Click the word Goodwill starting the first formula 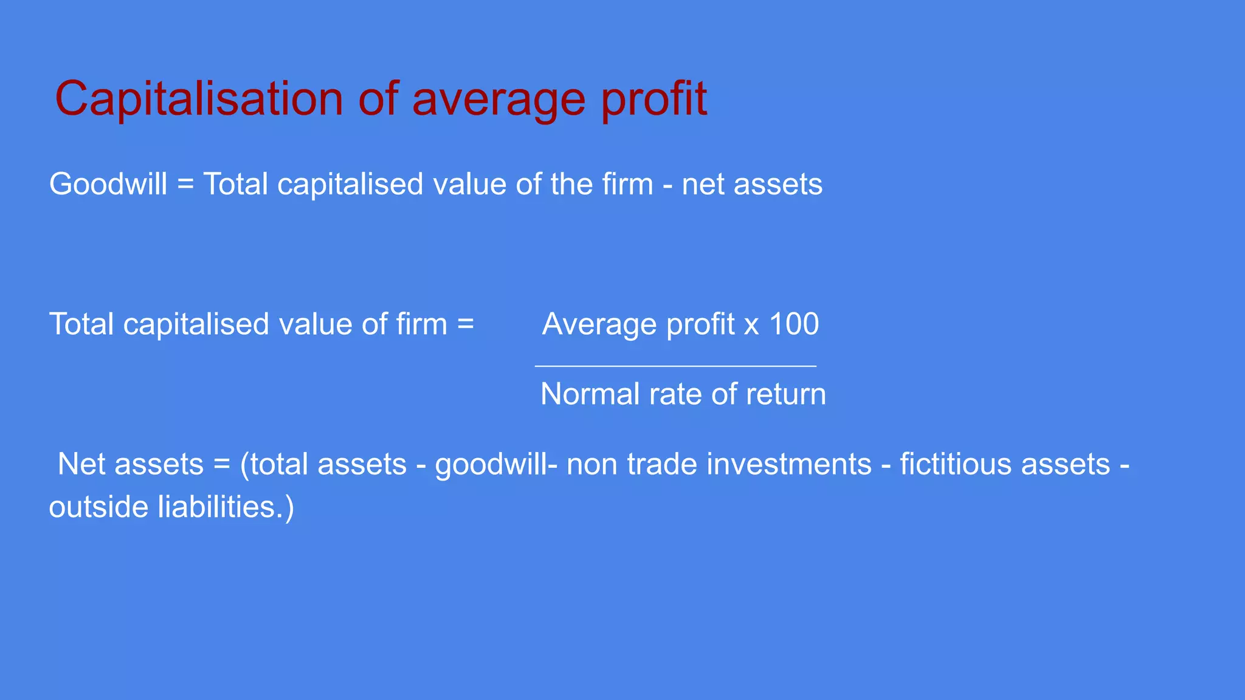click(x=108, y=184)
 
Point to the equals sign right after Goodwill click(x=185, y=184)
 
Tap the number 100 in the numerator click(x=794, y=324)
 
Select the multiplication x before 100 click(x=751, y=325)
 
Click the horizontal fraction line click(x=675, y=366)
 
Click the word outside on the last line click(x=98, y=507)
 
